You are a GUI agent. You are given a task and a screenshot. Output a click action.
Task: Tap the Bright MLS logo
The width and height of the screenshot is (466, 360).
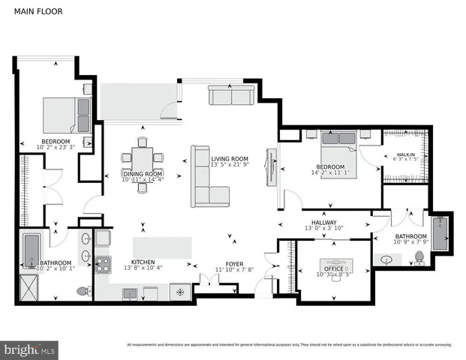[30, 349]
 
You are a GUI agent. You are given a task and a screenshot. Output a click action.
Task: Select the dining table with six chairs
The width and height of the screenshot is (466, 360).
[142, 163]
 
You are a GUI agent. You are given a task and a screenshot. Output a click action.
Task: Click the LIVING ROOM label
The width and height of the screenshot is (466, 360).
[229, 159]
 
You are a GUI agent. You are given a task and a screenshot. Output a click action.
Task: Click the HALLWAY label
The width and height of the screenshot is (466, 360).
[320, 222]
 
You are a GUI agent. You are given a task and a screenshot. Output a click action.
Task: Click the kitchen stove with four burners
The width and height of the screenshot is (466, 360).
[102, 263]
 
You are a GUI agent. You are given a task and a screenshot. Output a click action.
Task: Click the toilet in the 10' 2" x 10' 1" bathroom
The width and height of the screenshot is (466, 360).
[88, 291]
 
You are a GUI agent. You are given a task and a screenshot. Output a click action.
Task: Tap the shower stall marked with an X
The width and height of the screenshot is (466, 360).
[31, 286]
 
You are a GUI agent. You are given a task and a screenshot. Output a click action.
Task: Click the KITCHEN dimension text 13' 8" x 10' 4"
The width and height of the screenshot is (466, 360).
[142, 268]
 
